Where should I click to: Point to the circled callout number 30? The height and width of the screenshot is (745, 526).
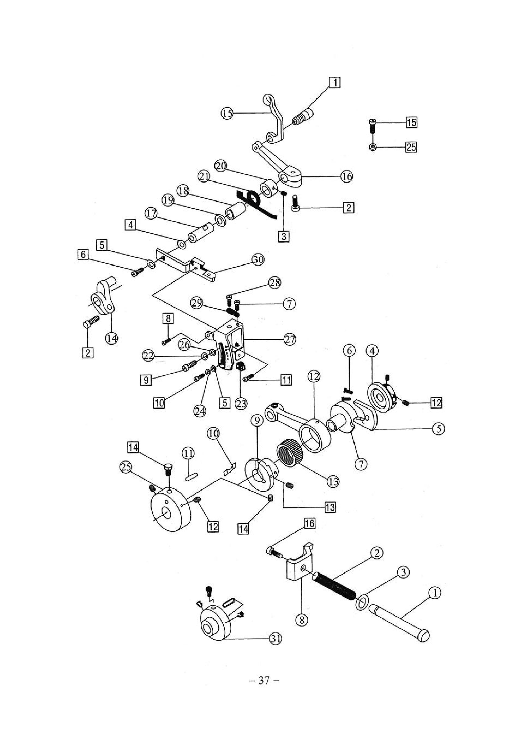coord(258,260)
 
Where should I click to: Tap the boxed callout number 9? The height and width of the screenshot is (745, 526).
coord(146,380)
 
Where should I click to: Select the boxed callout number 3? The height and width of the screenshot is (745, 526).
coord(284,237)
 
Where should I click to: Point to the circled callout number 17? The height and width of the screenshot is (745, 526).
coord(151,214)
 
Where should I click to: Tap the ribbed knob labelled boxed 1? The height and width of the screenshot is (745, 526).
coord(303,117)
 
